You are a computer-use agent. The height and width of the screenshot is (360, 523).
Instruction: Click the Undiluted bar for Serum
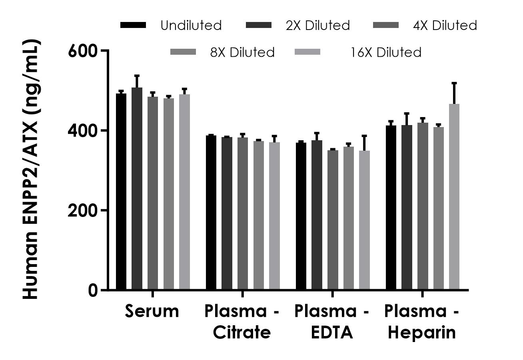121,192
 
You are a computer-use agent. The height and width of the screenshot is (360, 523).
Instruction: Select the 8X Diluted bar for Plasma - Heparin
439,208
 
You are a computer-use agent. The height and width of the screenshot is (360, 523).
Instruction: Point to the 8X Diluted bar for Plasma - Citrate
258,215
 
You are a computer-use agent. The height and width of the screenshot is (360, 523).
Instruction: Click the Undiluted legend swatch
133,25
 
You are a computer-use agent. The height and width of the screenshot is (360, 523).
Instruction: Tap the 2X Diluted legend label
317,26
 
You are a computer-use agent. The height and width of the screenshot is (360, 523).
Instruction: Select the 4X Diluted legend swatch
385,25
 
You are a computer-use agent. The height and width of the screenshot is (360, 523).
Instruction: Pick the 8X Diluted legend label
242,52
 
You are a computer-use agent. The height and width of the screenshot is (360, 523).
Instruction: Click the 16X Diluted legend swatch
307,52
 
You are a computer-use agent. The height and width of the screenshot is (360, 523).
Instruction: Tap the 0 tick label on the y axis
93,290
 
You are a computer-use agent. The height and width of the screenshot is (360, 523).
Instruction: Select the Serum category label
152,311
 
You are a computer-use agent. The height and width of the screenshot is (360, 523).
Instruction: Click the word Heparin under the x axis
422,332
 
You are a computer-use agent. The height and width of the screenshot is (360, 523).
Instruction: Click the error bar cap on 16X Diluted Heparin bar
454,83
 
